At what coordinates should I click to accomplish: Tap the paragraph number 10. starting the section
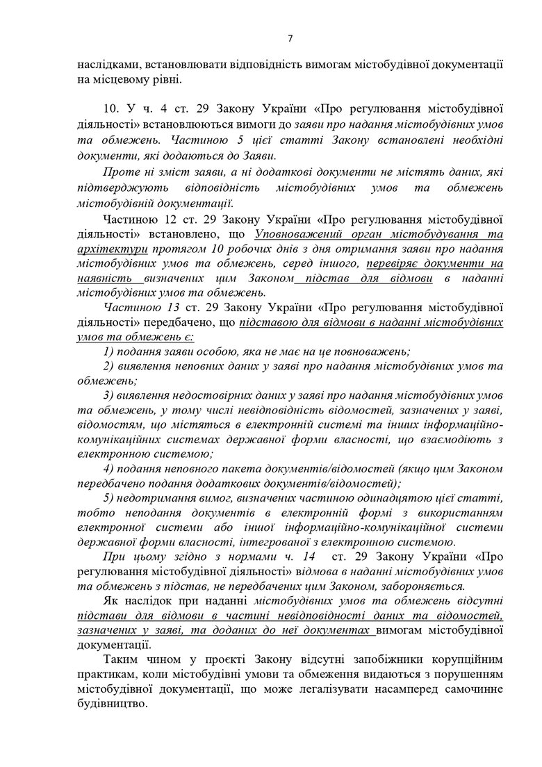110,108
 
